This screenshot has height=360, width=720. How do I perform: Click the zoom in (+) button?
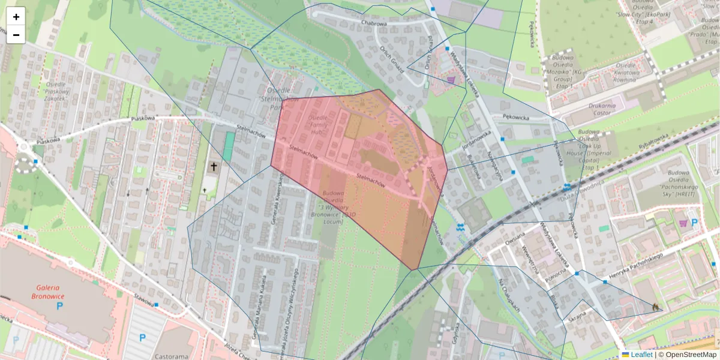[16, 17]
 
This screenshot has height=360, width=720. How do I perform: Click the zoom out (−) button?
[16, 35]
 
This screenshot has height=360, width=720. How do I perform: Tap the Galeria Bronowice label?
[49, 292]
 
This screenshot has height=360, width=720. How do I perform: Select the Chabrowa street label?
[374, 23]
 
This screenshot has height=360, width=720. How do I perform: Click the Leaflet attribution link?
[641, 355]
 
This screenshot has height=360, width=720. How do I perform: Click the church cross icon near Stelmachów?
[213, 166]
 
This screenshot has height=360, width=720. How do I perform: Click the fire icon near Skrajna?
[655, 307]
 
